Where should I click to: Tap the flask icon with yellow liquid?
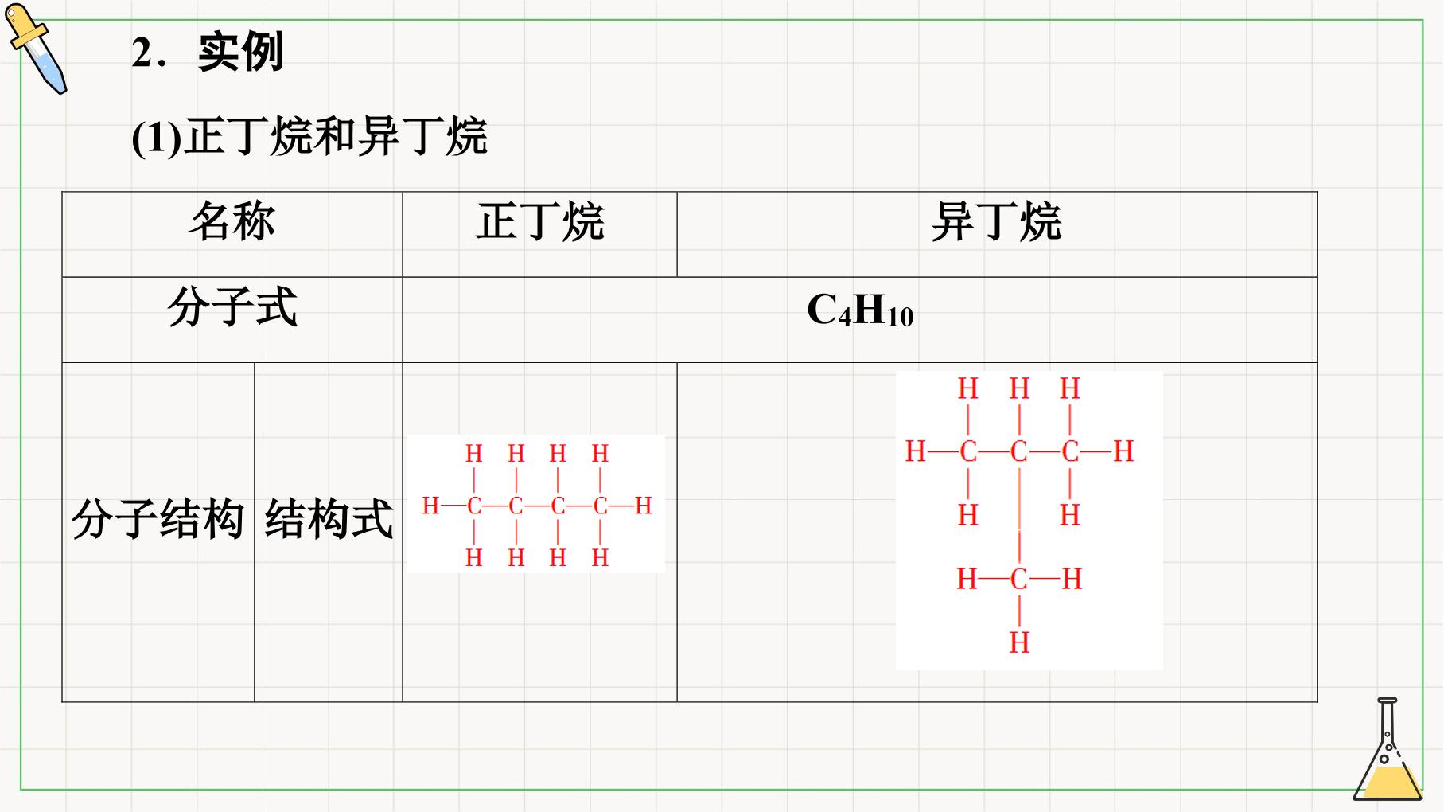pyautogui.click(x=1388, y=749)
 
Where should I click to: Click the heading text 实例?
pyautogui.click(x=241, y=53)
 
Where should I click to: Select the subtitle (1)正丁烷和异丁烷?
pyautogui.click(x=309, y=136)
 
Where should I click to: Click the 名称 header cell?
pyautogui.click(x=232, y=221)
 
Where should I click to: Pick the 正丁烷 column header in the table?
pyautogui.click(x=540, y=221)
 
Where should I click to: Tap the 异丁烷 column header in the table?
pyautogui.click(x=997, y=221)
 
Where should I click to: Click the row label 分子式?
pyautogui.click(x=232, y=307)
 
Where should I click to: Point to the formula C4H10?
pyautogui.click(x=860, y=310)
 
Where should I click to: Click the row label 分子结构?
pyautogui.click(x=158, y=520)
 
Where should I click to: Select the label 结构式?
pyautogui.click(x=329, y=520)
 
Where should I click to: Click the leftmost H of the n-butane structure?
pyautogui.click(x=430, y=506)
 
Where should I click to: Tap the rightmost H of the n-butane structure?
pyautogui.click(x=643, y=506)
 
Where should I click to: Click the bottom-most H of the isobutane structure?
pyautogui.click(x=1019, y=642)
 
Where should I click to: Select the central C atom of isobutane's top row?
pyautogui.click(x=1019, y=452)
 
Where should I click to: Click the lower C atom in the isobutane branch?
pyautogui.click(x=1019, y=580)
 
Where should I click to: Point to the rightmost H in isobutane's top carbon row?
pyautogui.click(x=1123, y=452)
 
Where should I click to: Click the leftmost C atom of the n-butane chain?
pyautogui.click(x=474, y=506)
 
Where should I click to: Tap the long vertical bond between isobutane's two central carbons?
pyautogui.click(x=1019, y=516)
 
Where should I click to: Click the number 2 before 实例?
pyautogui.click(x=142, y=54)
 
